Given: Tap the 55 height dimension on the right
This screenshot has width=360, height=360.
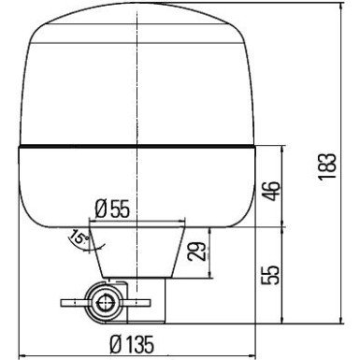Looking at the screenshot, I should (x=270, y=276).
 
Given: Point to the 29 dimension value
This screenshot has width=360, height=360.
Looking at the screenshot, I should (x=197, y=251).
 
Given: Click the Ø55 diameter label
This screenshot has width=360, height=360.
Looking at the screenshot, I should (x=112, y=209).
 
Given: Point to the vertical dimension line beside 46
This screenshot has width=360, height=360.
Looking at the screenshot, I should (x=283, y=186).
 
